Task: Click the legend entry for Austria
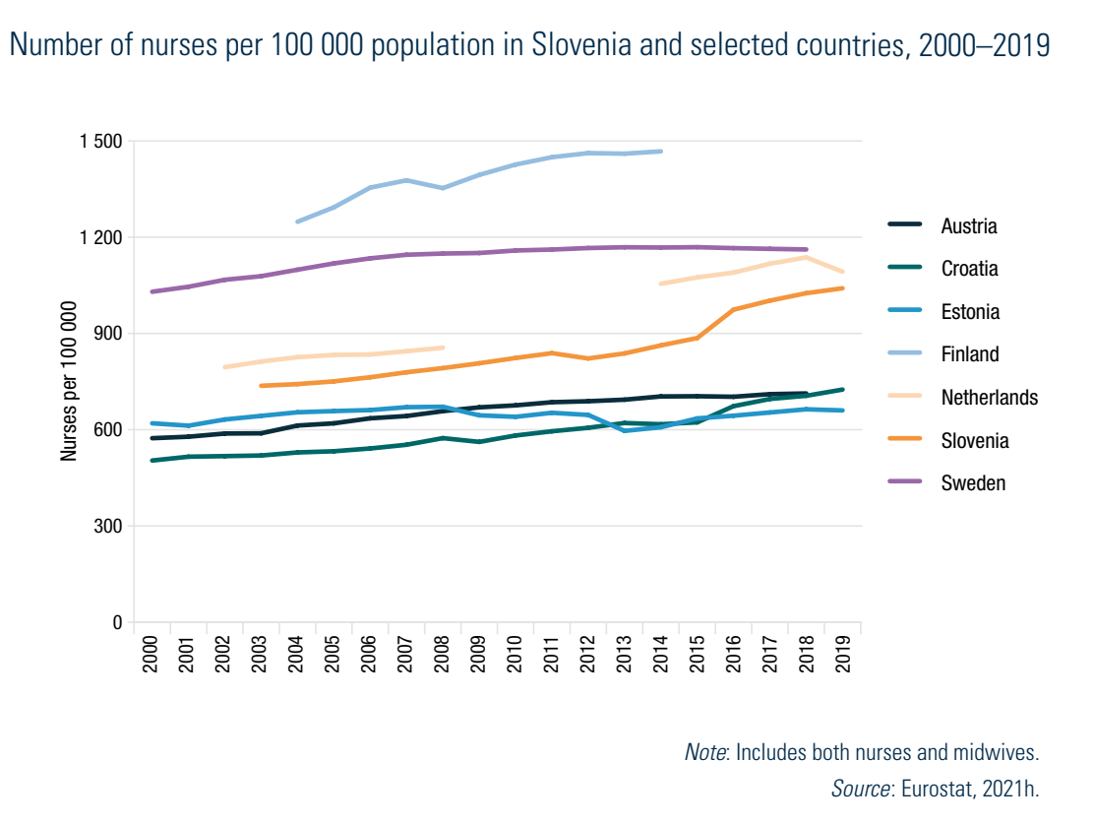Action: pyautogui.click(x=968, y=226)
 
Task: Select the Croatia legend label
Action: pyautogui.click(x=968, y=269)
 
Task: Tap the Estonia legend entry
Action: pyautogui.click(x=969, y=312)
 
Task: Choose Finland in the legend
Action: pyautogui.click(x=969, y=354)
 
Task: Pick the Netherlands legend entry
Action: pyautogui.click(x=989, y=398)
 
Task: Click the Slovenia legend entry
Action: pyautogui.click(x=974, y=440)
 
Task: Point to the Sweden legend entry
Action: pyautogui.click(x=973, y=483)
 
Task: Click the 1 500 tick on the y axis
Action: pyautogui.click(x=100, y=142)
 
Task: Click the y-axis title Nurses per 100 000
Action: pyautogui.click(x=69, y=382)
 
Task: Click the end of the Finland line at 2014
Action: pyautogui.click(x=661, y=152)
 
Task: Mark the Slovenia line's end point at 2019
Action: pyautogui.click(x=843, y=288)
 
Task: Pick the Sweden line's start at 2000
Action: pyautogui.click(x=152, y=291)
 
